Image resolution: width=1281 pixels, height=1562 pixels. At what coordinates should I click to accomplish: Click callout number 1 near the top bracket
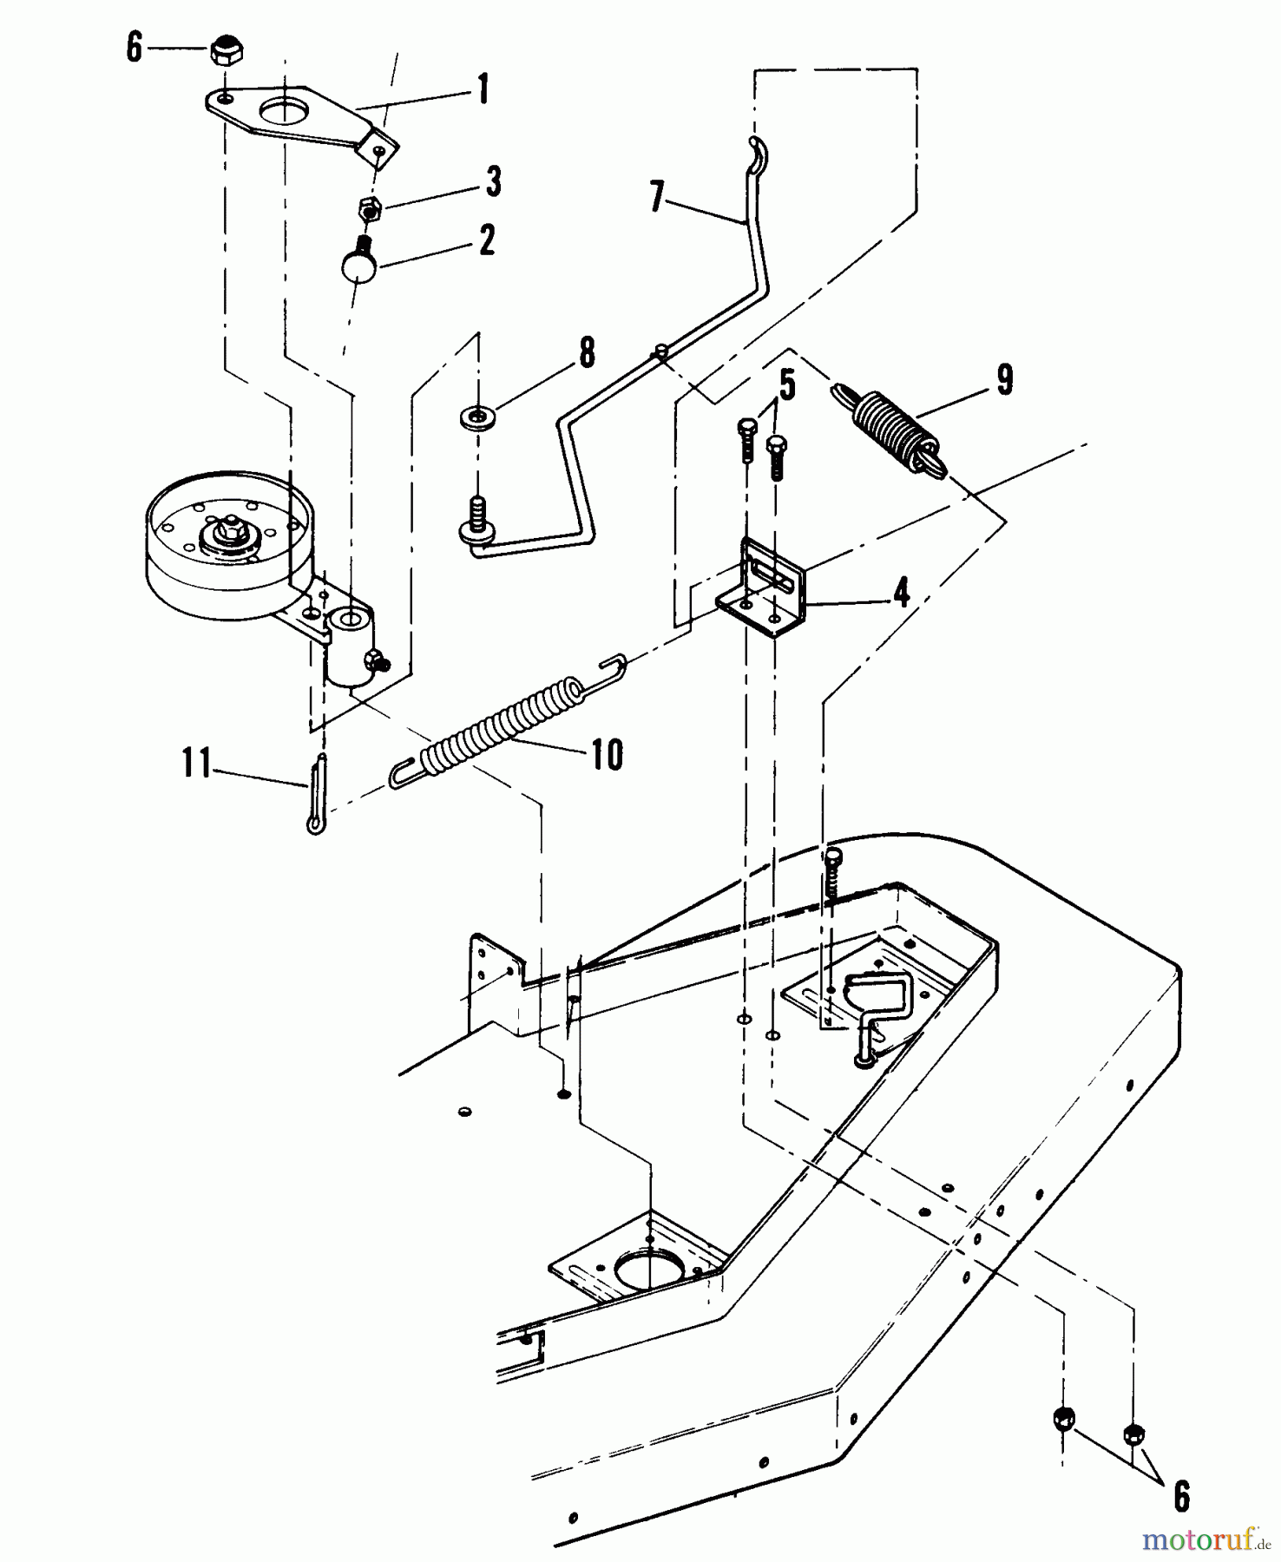pos(483,89)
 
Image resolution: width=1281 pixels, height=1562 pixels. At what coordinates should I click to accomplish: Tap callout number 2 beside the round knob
pos(487,240)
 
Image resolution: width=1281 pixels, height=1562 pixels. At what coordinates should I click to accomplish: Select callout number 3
pos(493,181)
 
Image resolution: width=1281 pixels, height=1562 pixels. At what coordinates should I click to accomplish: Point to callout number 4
pos(902,594)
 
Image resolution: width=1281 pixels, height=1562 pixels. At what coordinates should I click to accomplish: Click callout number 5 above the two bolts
pos(787,384)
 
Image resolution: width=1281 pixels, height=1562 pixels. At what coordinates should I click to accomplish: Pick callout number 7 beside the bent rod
pos(657,197)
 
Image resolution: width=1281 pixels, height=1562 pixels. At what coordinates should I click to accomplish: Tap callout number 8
pos(587,352)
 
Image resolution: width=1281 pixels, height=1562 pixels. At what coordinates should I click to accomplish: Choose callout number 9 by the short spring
pos(1004,379)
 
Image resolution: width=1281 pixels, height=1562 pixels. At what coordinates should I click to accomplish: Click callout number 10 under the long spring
pos(608,755)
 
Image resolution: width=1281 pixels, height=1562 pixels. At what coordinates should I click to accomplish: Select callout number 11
pos(197,764)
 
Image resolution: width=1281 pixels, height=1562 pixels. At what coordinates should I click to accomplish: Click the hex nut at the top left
pos(226,51)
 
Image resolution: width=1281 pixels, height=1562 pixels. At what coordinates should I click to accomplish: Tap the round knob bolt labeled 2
pos(356,258)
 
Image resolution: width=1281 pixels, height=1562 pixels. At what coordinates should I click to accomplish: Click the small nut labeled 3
pos(371,208)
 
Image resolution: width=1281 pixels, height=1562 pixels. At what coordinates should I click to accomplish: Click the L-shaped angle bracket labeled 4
pos(761,587)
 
